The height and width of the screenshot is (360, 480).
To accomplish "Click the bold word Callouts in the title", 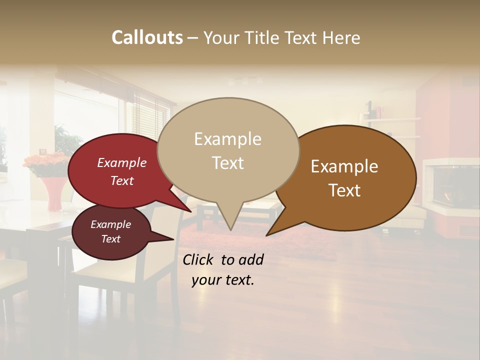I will point(147,37).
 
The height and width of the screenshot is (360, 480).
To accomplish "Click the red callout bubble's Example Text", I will point(121,171).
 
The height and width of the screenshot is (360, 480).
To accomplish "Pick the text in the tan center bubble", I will point(227,151).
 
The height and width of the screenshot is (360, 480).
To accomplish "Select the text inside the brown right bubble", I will point(344,178).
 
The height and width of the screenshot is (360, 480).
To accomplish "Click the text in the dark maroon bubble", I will point(110,231).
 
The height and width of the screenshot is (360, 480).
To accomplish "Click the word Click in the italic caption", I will point(199,259).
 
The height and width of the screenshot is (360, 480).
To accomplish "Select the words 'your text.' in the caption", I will point(223,280).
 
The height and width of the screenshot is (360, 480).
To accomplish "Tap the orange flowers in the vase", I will point(46,163).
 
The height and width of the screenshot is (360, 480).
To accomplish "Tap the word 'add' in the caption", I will point(251,259).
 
